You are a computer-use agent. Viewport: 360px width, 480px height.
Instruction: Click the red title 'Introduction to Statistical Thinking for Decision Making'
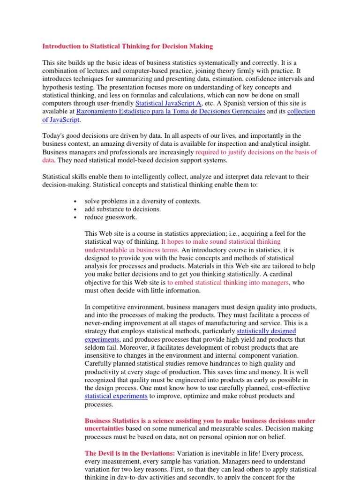pos(127,46)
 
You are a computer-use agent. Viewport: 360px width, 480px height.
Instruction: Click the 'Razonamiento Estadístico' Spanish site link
pos(171,112)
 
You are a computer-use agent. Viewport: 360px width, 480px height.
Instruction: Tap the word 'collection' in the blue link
pos(301,112)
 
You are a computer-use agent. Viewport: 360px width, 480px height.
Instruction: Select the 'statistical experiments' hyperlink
pos(116,396)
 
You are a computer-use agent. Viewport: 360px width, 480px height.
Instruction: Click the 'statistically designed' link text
pos(266,331)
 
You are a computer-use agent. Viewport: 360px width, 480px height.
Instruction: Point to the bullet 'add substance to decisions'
pos(122,209)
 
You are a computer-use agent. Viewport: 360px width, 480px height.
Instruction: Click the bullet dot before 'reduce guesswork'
pos(76,217)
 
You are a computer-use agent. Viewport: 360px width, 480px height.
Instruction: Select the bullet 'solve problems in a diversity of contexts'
pos(142,201)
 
